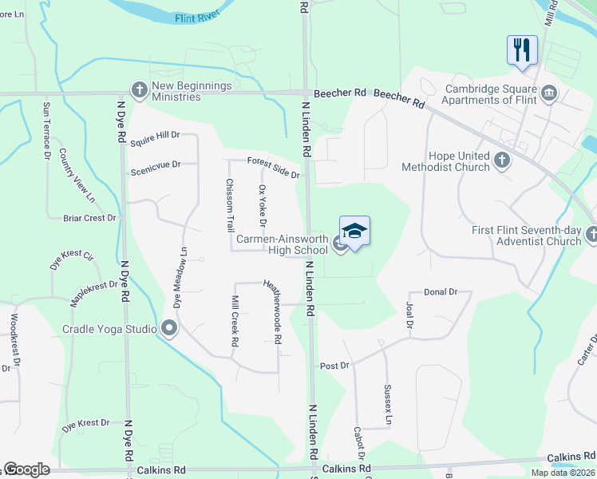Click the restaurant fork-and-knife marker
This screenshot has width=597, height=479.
(522, 49)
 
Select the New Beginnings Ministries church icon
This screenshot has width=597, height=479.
(139, 91)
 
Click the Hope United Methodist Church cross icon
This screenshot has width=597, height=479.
(502, 161)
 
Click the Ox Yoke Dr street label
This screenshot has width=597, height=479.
(263, 205)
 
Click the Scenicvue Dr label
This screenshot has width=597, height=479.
(156, 164)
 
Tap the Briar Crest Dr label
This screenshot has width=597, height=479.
(89, 217)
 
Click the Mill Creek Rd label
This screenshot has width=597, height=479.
(235, 321)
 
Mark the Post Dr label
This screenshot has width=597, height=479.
(334, 366)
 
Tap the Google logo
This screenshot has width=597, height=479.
(26, 469)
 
